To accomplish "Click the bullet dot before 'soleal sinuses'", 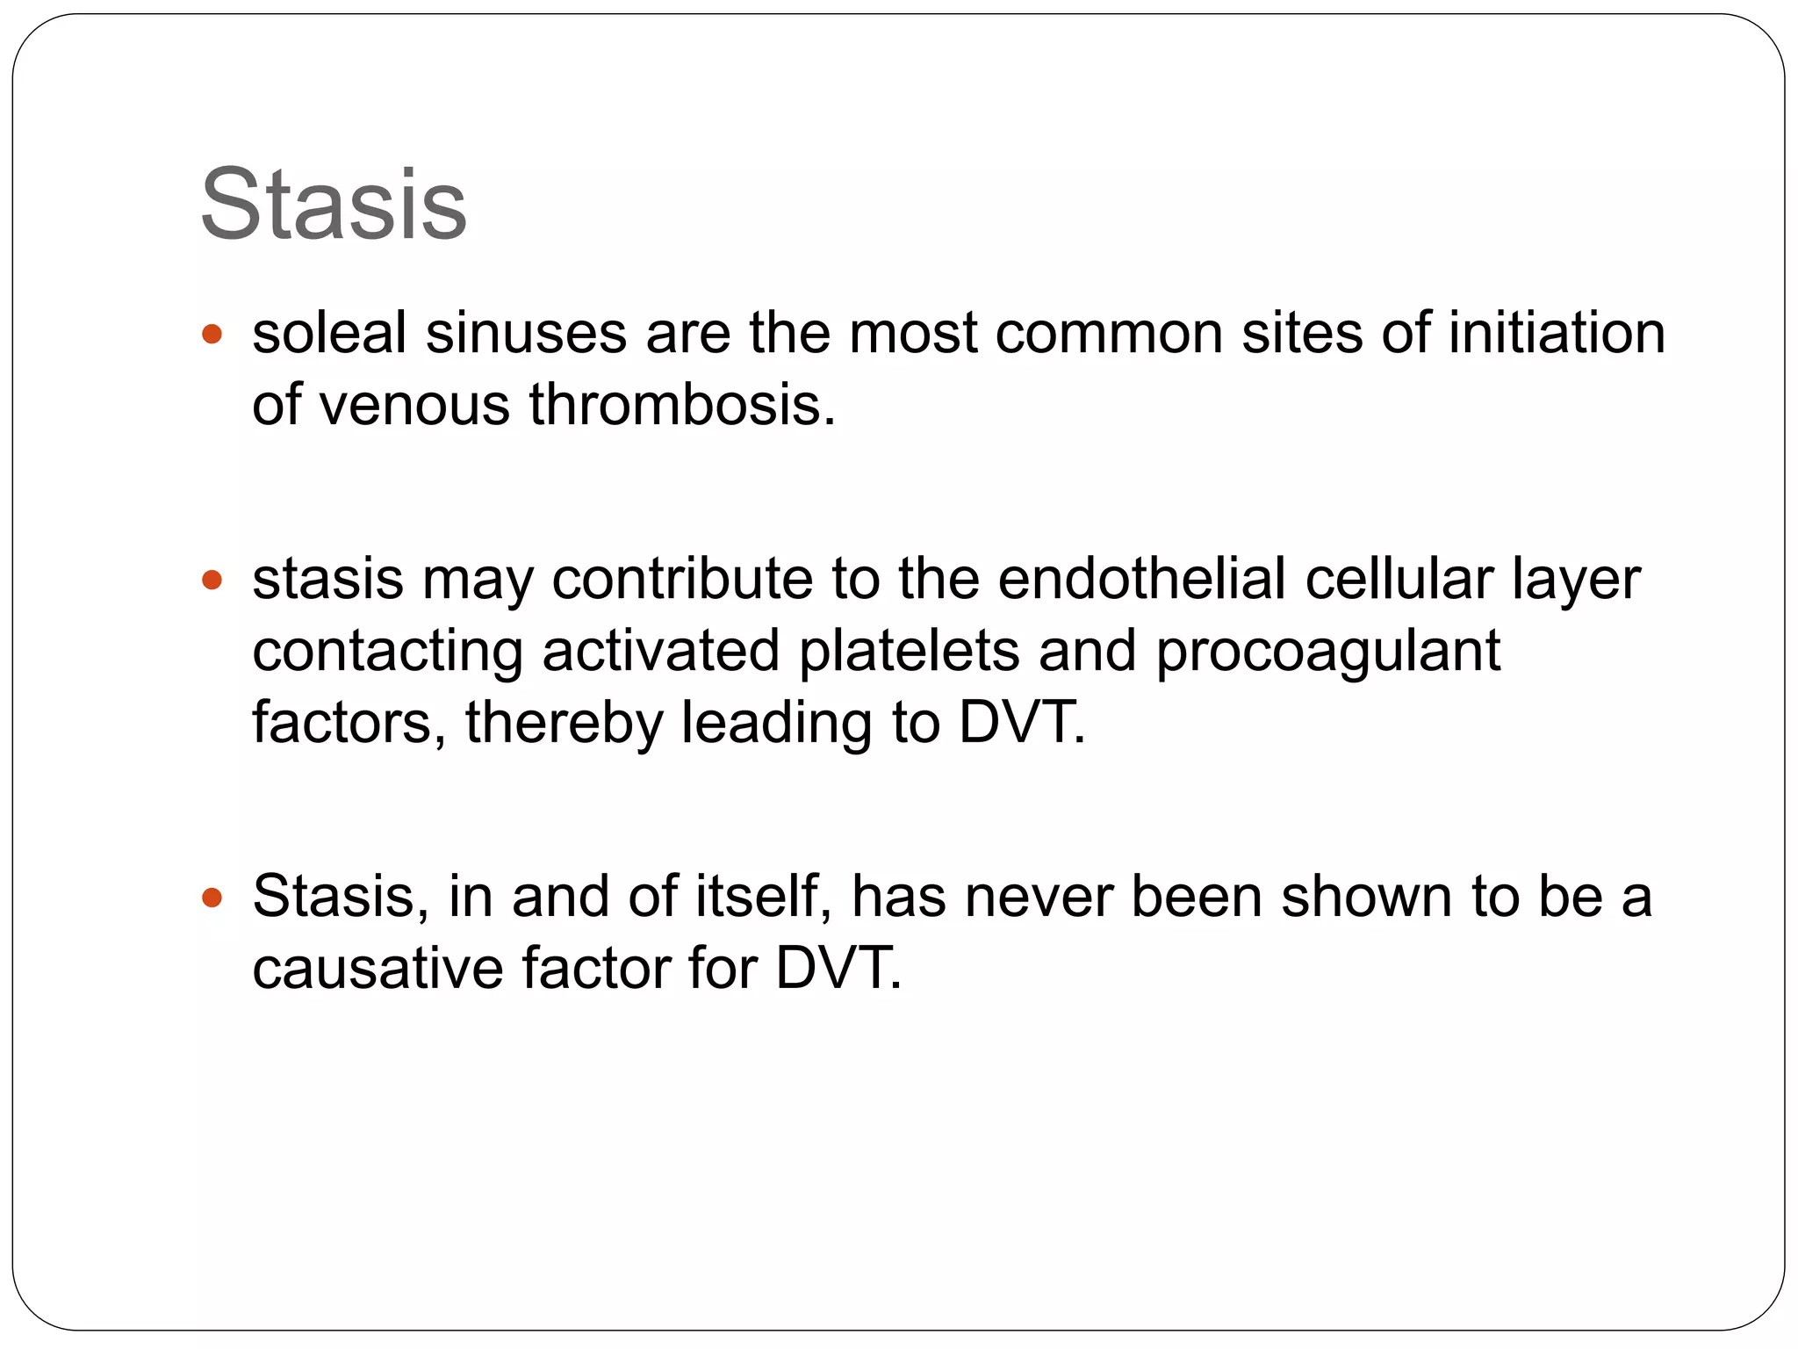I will [212, 335].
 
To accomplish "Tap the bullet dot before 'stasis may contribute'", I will [212, 580].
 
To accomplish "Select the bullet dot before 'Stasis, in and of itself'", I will [212, 898].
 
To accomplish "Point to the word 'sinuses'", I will [526, 334].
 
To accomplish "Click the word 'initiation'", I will [1556, 334].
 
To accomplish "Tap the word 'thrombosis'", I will [681, 405].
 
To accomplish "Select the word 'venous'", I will [414, 407].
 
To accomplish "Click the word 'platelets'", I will [909, 651].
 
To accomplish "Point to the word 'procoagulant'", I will [1327, 653].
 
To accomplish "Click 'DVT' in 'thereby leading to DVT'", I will [1020, 722].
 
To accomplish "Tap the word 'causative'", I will [378, 969].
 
